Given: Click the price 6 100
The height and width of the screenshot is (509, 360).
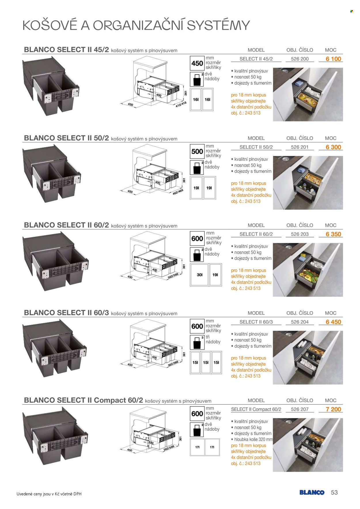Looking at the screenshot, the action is click(x=333, y=59).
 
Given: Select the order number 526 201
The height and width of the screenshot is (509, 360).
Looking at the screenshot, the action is click(x=300, y=147).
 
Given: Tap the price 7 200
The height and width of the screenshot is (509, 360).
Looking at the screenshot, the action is click(x=333, y=409).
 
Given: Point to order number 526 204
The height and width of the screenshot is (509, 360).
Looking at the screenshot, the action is click(x=300, y=322).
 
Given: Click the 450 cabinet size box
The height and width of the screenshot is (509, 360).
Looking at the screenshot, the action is click(x=197, y=63).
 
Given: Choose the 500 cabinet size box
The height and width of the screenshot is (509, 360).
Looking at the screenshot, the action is click(x=197, y=151).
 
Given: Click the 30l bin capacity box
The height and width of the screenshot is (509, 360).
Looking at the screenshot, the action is click(x=200, y=275).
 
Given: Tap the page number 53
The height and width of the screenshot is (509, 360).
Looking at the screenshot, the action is click(x=334, y=493).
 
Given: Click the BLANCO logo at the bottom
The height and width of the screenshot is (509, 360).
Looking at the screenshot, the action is click(x=312, y=493).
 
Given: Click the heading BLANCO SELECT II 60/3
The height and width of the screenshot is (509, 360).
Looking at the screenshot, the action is click(x=67, y=313).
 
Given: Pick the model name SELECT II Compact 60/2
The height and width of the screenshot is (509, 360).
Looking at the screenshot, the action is click(x=256, y=409).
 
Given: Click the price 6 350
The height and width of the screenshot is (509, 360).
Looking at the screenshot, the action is click(x=333, y=234).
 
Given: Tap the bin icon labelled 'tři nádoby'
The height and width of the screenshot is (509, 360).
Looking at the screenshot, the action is click(x=197, y=342).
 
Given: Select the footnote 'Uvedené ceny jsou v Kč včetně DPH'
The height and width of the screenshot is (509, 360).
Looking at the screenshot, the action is click(x=49, y=494).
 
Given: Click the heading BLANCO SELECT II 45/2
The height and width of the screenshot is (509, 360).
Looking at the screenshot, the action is click(x=67, y=50).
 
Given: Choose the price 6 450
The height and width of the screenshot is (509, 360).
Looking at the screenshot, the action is click(x=333, y=322).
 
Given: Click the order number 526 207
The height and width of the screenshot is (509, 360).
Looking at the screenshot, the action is click(x=300, y=409).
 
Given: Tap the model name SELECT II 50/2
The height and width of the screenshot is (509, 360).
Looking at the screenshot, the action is click(x=256, y=147).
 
